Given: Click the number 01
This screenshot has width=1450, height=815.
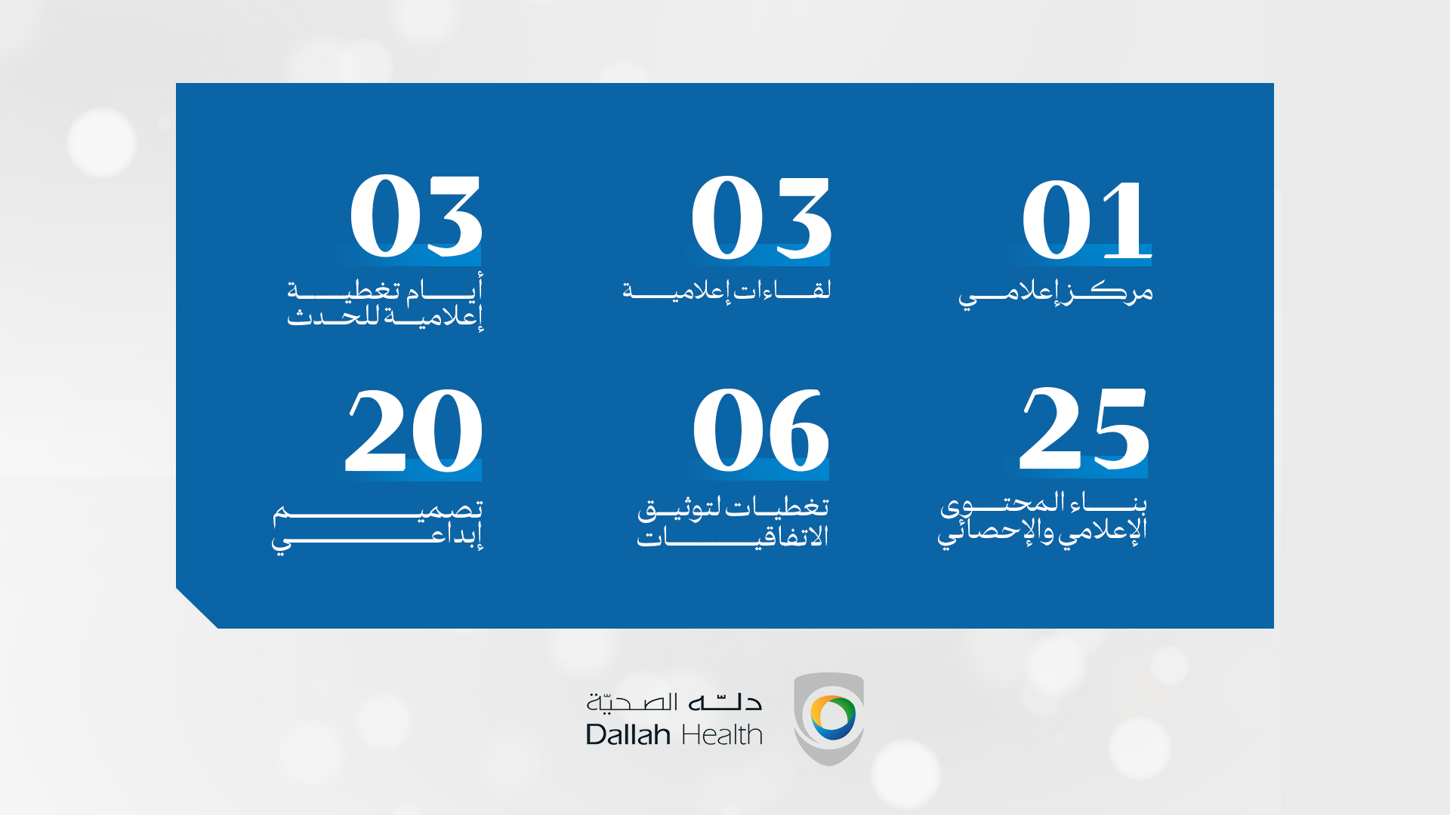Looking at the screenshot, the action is tap(1087, 220).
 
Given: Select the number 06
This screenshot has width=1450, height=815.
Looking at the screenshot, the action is tap(760, 430).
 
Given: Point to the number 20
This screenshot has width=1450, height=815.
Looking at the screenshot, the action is tap(414, 430).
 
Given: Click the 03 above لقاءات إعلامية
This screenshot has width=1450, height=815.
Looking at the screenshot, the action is tap(761, 217).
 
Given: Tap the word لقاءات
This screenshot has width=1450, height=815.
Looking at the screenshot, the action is tap(782, 289).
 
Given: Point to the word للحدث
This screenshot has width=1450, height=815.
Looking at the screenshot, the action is tap(333, 315).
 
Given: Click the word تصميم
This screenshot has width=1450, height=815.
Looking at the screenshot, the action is tap(378, 511).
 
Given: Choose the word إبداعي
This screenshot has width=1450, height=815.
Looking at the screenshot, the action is tap(378, 537).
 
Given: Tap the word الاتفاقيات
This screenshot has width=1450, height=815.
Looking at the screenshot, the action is tap(733, 537).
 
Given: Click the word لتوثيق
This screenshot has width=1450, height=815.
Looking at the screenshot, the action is tap(680, 509).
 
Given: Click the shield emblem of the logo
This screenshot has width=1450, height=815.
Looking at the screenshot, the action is tap(828, 718).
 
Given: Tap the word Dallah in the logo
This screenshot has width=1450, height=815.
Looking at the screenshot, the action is tap(628, 734).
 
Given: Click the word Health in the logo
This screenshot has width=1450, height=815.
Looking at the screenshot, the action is tap(722, 734).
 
